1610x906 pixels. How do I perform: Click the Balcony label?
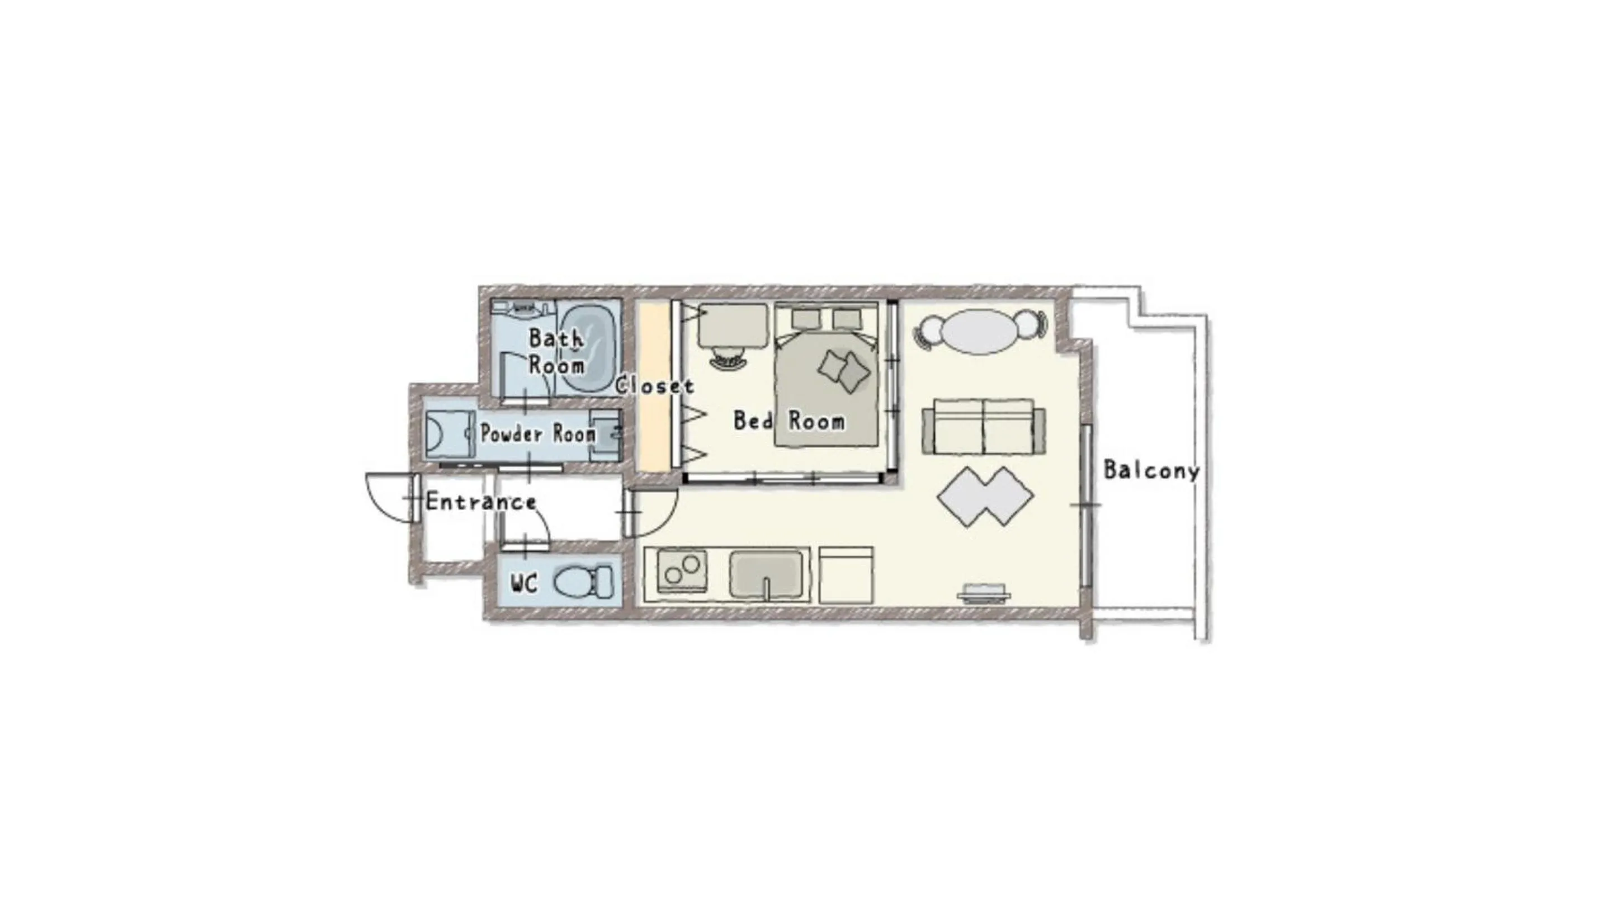[x=1151, y=470]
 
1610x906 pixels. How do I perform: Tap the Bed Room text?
[x=789, y=421]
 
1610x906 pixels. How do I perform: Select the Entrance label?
[x=480, y=502]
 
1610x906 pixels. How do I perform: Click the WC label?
[x=524, y=584]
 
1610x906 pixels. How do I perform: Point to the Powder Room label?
[x=537, y=433]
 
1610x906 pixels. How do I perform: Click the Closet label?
[x=654, y=386]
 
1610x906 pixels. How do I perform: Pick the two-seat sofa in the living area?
[x=984, y=427]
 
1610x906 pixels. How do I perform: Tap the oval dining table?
[x=979, y=331]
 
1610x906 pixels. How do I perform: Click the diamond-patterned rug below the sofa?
[x=985, y=497]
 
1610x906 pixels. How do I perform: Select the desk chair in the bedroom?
[x=729, y=361]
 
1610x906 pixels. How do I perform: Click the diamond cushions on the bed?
[x=844, y=371]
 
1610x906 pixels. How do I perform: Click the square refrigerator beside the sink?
[x=846, y=575]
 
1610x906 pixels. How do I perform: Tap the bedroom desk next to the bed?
[x=733, y=325]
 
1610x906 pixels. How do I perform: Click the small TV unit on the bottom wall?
[x=984, y=592]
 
